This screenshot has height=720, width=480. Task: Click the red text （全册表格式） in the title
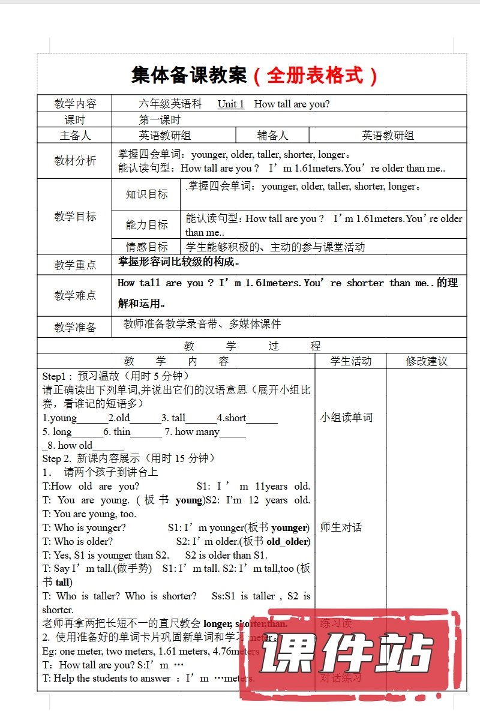click(316, 76)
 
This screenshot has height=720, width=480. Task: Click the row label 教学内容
click(75, 103)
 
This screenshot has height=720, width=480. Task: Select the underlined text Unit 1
click(230, 104)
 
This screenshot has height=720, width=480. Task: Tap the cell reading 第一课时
click(160, 119)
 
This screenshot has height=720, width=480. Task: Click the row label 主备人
click(75, 136)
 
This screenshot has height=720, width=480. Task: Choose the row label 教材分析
click(75, 160)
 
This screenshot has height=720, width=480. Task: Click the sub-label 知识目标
click(146, 194)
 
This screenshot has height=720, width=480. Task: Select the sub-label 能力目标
click(146, 225)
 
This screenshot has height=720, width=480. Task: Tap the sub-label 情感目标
click(146, 247)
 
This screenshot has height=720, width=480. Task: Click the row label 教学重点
click(75, 265)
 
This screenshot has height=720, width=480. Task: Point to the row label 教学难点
click(75, 295)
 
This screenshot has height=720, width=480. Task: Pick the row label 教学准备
click(75, 327)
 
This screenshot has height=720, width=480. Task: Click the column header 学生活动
click(351, 361)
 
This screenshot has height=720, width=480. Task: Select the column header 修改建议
click(427, 361)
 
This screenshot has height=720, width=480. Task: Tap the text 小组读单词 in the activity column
click(346, 418)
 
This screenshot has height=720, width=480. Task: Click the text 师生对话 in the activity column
click(341, 527)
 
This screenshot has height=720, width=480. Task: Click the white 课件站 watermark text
click(346, 653)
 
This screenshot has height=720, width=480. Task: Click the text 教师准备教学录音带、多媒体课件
click(202, 324)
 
